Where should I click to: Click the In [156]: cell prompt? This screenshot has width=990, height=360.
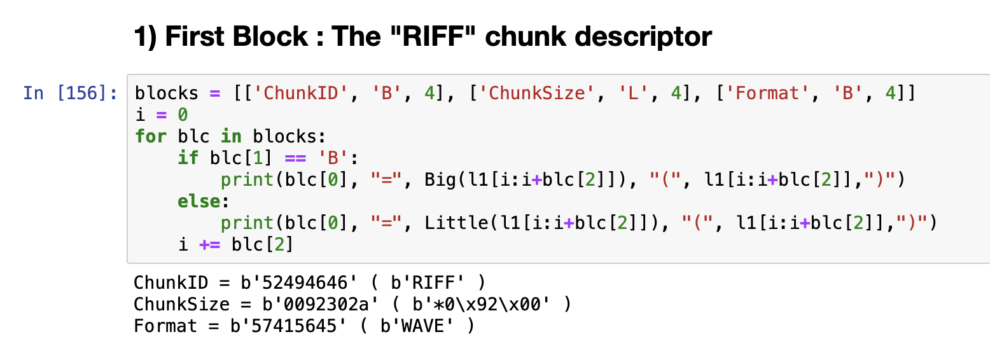[x=70, y=93]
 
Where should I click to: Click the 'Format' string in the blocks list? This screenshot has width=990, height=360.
[x=769, y=93]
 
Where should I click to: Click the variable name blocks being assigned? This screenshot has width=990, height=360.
[x=167, y=93]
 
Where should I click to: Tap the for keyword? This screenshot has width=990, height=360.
[x=151, y=136]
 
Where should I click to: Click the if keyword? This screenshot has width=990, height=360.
[x=188, y=158]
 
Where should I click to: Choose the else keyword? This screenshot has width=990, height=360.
[x=199, y=201]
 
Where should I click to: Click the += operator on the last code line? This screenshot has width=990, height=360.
[x=210, y=244]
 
